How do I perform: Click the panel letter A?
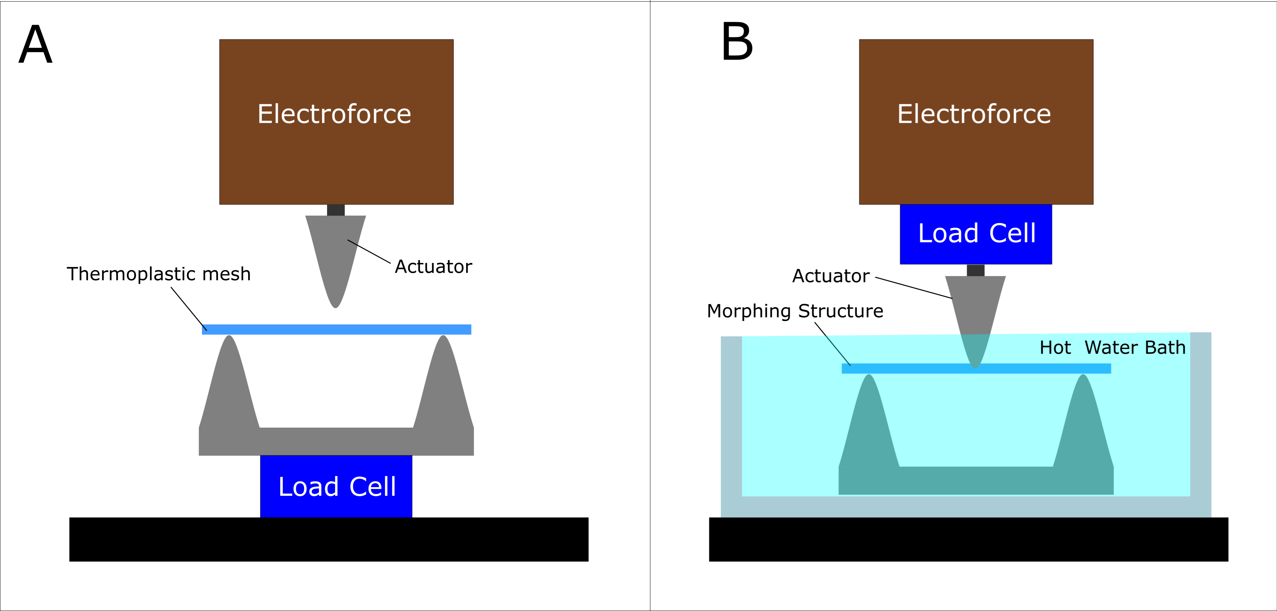[x=35, y=44]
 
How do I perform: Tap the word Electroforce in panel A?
[x=334, y=114]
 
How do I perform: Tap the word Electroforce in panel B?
[x=974, y=114]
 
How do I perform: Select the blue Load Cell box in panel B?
[x=976, y=234]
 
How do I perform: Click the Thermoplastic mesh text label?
[x=159, y=274]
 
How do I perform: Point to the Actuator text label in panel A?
[x=433, y=267]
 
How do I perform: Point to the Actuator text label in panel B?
[x=831, y=276]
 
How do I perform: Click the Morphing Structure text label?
[x=795, y=311]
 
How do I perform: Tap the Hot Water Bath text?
[x=1112, y=348]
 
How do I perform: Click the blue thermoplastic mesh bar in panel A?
[x=337, y=329]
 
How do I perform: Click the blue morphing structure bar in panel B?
[x=976, y=368]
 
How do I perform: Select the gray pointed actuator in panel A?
[x=335, y=253]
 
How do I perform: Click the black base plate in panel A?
[x=329, y=540]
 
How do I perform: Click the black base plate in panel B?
[x=969, y=540]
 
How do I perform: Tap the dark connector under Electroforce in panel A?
[x=335, y=210]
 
